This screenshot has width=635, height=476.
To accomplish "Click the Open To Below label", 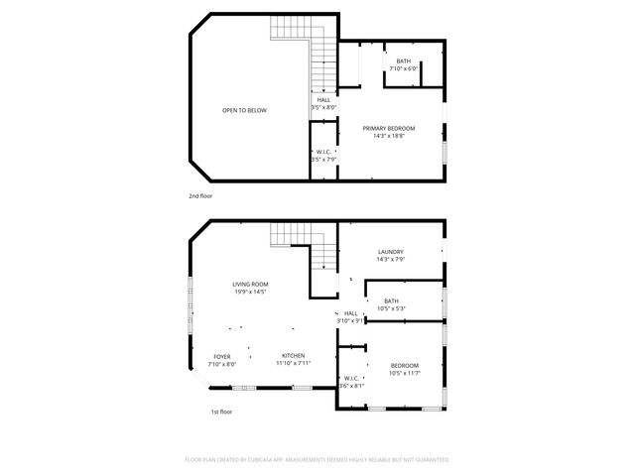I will pos(244,110).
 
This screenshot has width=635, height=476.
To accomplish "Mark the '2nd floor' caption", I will pos(200,196).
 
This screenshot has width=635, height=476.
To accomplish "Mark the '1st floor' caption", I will pos(220,412).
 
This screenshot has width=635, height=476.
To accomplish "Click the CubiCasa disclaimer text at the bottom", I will pos(317,460).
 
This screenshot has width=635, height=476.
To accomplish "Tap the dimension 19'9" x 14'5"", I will pos(250,292).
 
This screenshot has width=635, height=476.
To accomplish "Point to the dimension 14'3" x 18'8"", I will pos(388,136).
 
